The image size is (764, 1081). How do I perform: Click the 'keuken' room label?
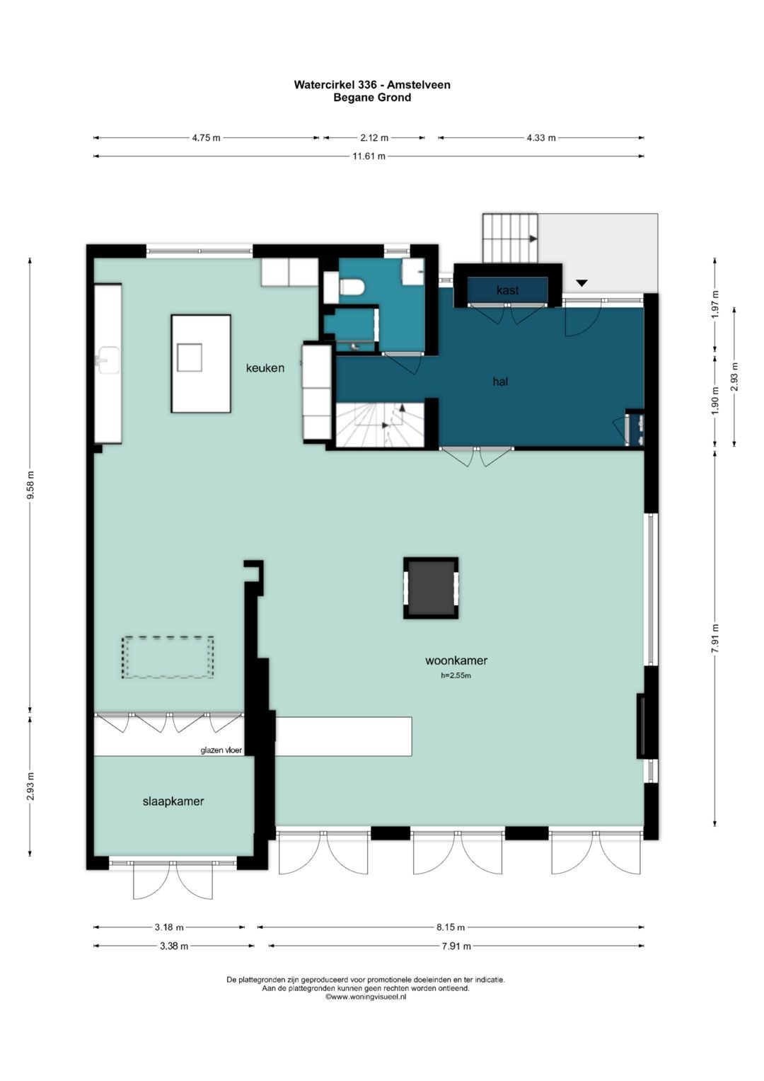point(265,368)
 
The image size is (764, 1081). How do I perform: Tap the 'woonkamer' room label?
point(456,660)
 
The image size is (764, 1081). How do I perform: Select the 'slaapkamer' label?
point(173,801)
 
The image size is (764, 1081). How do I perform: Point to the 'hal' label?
point(500,382)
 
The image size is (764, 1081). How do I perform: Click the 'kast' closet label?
point(507,290)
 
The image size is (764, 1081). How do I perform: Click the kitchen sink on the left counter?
point(108,359)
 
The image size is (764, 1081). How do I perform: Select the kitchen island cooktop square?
point(190,357)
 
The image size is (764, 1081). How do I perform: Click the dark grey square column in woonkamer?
point(431,588)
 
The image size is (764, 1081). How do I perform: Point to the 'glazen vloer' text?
point(221,750)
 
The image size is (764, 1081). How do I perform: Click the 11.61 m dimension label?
point(369,156)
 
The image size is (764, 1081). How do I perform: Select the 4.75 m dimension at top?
point(206,137)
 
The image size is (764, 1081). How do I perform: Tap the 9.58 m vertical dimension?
point(30,485)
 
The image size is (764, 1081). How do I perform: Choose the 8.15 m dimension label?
point(451,927)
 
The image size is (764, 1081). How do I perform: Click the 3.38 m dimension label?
point(174,946)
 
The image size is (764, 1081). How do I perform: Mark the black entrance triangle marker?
point(582,282)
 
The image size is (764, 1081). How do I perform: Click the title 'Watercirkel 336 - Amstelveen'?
point(372,85)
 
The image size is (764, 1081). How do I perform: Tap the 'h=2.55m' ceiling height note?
point(456,675)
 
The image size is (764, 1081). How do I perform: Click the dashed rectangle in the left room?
point(168,657)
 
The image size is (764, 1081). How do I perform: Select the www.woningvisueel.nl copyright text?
point(366,996)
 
